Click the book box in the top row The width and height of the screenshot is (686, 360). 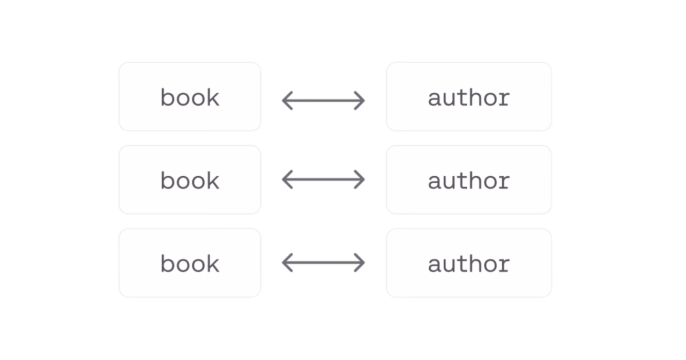click(x=190, y=97)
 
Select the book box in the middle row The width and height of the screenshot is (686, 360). click(x=190, y=179)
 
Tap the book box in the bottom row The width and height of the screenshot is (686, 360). click(x=190, y=262)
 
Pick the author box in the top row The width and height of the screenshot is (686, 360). click(x=469, y=97)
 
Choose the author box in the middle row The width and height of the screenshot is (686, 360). click(x=469, y=179)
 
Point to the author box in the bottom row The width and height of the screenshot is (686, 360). click(x=469, y=262)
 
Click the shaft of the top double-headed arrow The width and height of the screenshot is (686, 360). click(x=323, y=100)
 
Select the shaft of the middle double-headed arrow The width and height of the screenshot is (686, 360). click(x=323, y=179)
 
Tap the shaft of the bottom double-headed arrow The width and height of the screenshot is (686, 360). click(x=323, y=262)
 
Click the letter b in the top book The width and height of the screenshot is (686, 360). click(x=168, y=97)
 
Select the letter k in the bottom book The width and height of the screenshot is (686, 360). click(x=213, y=263)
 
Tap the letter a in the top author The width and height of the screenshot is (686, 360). click(x=434, y=99)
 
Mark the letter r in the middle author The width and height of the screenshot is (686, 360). click(x=503, y=182)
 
